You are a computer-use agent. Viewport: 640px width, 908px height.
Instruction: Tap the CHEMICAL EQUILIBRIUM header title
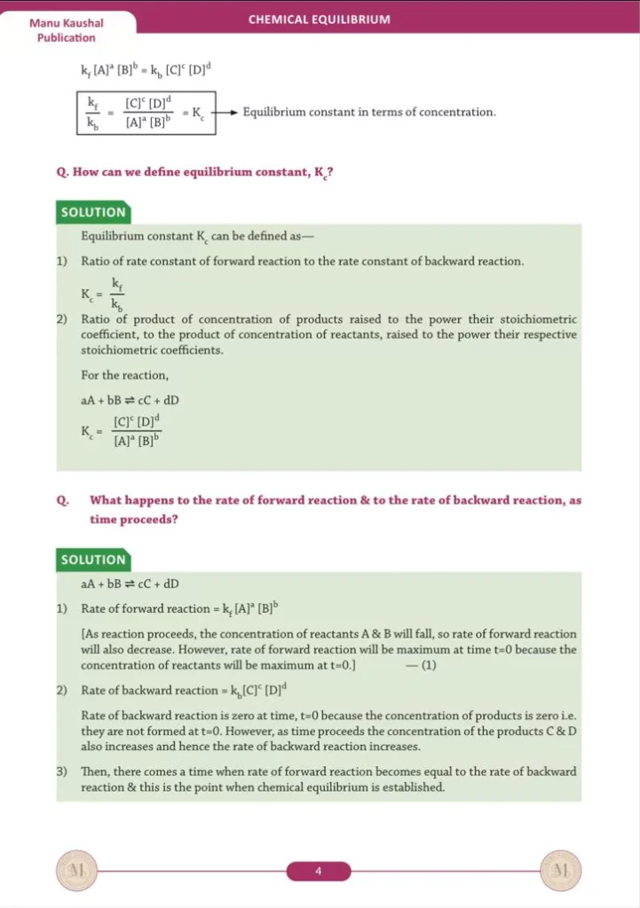pos(319,19)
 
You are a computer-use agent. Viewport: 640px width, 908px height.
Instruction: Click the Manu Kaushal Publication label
pos(66,30)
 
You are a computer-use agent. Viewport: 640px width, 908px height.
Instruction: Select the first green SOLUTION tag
pos(92,212)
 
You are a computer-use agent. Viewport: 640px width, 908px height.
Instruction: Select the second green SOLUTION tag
pos(92,560)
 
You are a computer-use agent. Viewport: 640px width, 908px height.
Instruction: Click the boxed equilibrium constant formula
pos(147,113)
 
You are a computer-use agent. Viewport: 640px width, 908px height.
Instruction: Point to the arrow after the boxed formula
pos(227,113)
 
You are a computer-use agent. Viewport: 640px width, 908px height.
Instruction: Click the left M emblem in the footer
pos(75,871)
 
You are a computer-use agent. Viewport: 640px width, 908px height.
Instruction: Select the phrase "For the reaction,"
pos(119,376)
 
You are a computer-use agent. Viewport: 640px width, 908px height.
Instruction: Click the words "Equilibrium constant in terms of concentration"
pos(368,113)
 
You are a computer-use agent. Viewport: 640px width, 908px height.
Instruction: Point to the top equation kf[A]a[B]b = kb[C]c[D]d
pos(146,67)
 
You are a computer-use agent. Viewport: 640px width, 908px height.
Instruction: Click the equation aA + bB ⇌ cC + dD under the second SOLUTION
pos(130,583)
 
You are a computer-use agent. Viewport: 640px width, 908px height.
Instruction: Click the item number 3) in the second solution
pos(62,771)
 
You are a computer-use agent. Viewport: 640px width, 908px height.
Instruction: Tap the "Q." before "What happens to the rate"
pos(62,500)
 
